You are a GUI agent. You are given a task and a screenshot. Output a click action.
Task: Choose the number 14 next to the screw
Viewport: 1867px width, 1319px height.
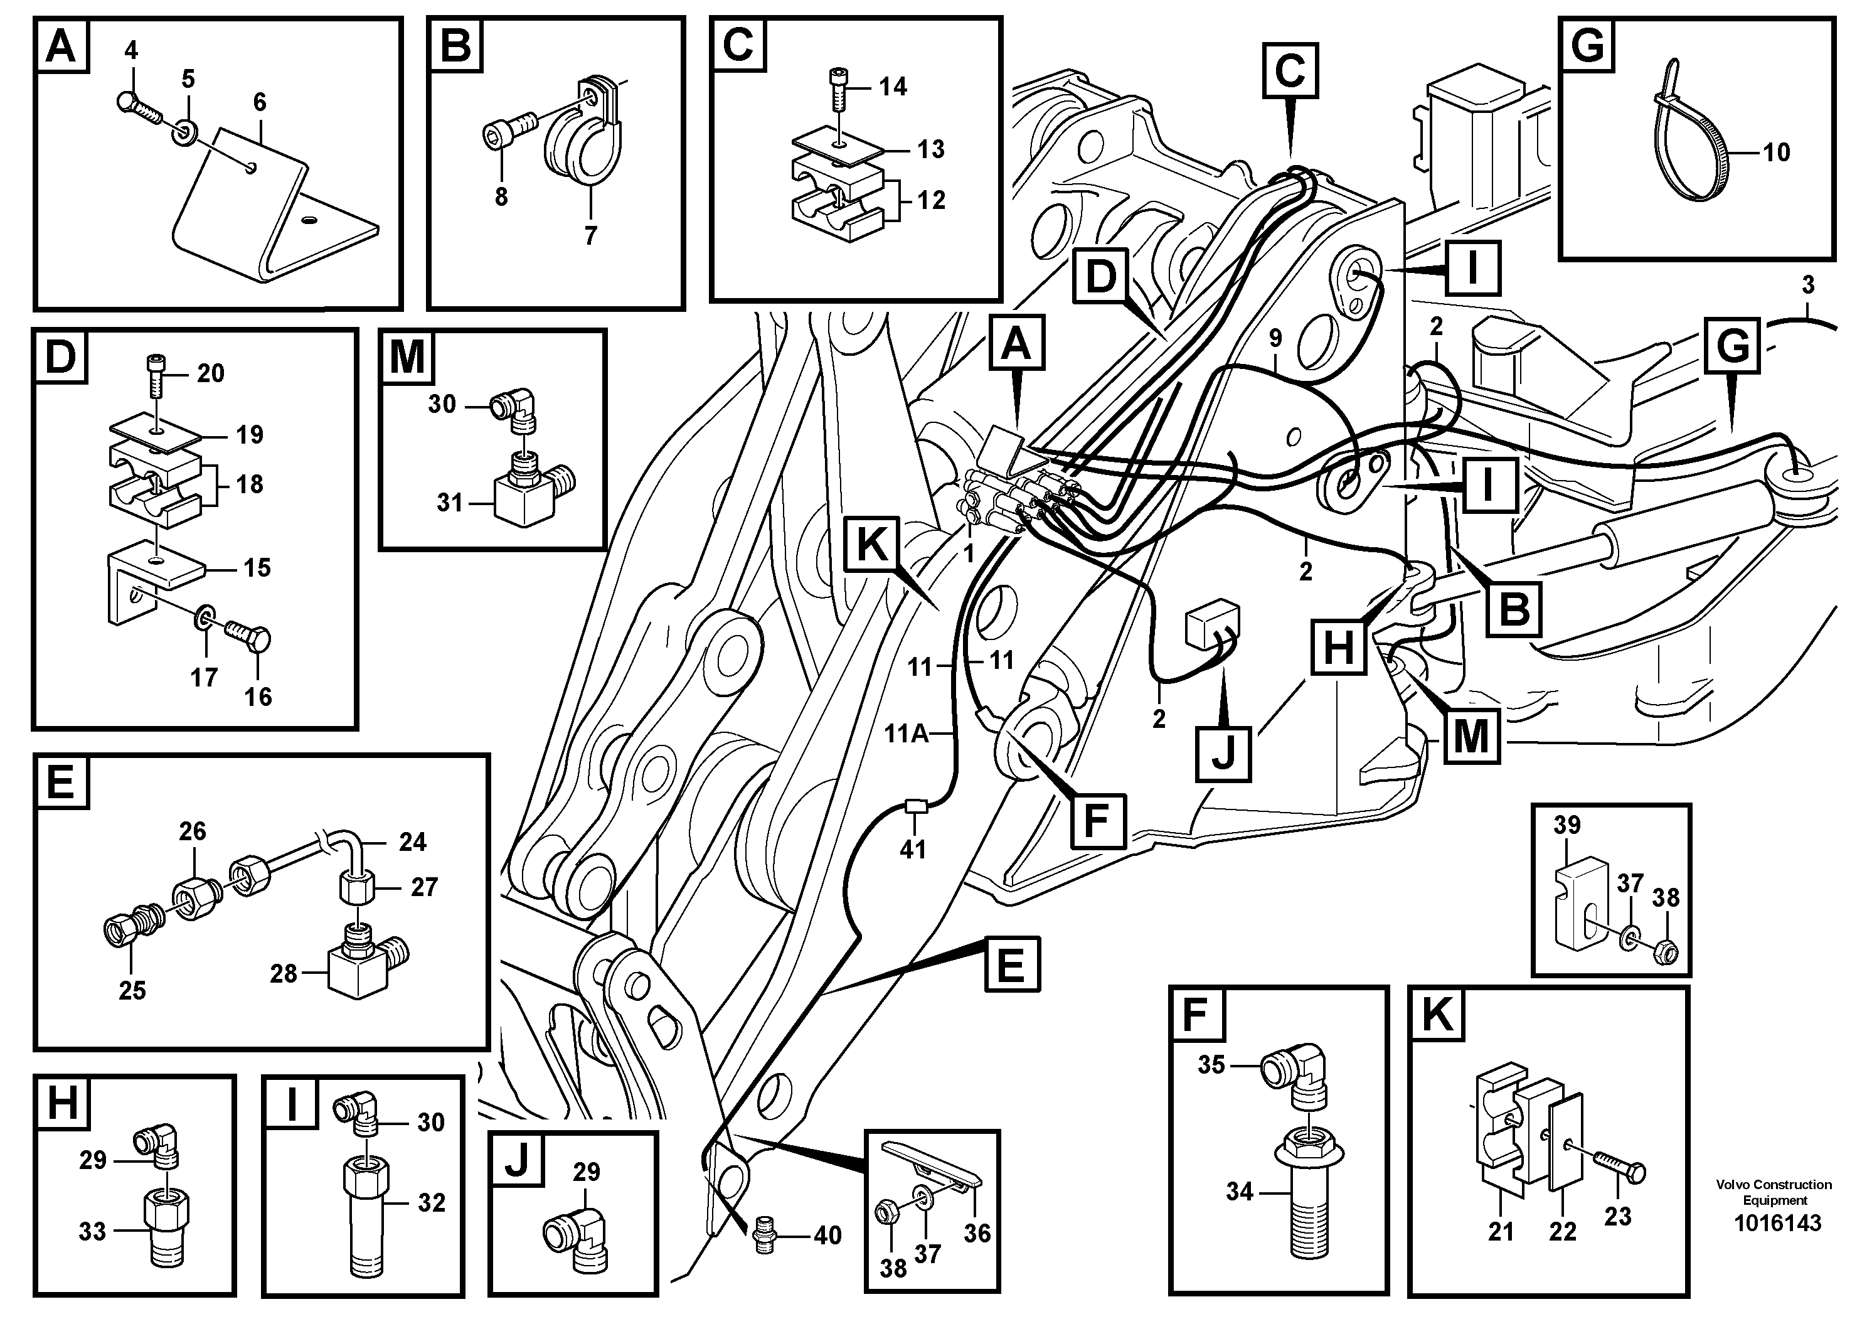pyautogui.click(x=892, y=86)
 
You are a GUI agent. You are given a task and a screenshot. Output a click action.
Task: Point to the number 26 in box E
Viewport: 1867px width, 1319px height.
pyautogui.click(x=193, y=831)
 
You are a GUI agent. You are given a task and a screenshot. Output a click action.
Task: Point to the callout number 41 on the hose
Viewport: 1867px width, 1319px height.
pyautogui.click(x=913, y=849)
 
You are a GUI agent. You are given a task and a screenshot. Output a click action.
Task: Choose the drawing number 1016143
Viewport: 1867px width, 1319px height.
pyautogui.click(x=1777, y=1223)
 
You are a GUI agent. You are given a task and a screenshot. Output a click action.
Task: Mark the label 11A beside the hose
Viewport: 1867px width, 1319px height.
pyautogui.click(x=906, y=734)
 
